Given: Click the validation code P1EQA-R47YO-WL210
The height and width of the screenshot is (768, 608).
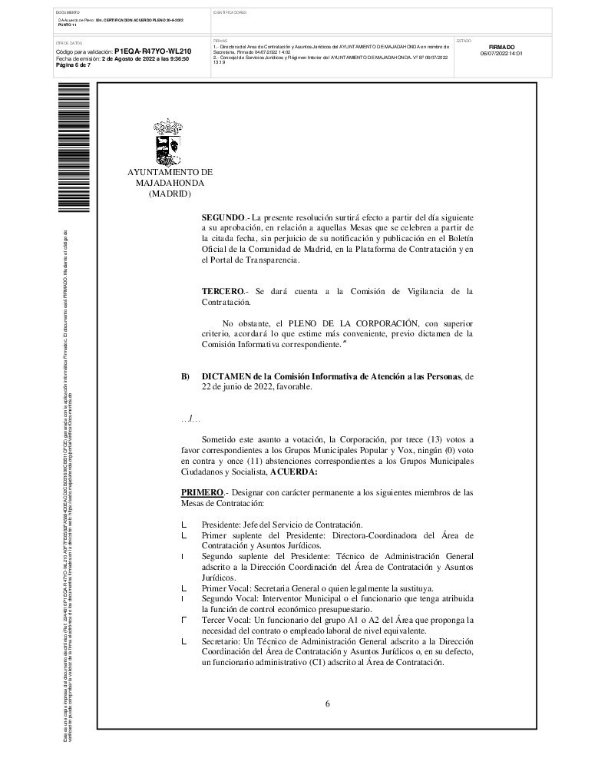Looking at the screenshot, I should (x=153, y=51).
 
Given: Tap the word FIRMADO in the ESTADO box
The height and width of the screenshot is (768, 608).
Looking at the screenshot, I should (x=501, y=47).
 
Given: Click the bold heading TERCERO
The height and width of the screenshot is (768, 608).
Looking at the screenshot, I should (x=223, y=291).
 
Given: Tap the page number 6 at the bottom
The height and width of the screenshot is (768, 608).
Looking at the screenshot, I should (x=327, y=703).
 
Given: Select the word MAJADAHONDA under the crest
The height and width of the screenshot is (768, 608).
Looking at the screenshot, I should (x=170, y=184).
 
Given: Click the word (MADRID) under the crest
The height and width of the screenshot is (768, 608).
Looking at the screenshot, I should (x=169, y=194).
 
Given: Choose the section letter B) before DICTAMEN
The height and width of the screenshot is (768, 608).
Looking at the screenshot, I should (x=185, y=376).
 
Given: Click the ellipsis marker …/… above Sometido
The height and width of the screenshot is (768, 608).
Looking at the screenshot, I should (x=190, y=419).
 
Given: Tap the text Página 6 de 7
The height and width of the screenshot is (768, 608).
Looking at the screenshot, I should (x=74, y=65).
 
